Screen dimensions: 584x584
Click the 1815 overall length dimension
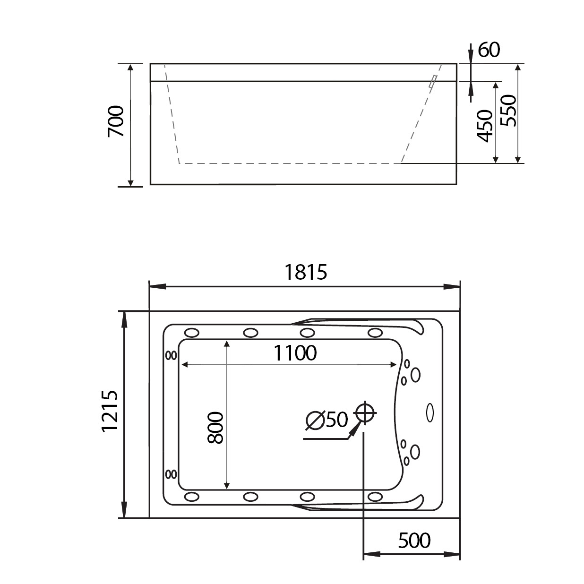(x=306, y=272)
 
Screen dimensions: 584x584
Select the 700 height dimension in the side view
(x=116, y=121)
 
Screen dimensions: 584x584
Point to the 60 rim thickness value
(x=489, y=50)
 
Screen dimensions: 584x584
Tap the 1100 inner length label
(x=295, y=353)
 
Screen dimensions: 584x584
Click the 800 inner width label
(x=215, y=428)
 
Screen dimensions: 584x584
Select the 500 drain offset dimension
(x=414, y=541)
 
